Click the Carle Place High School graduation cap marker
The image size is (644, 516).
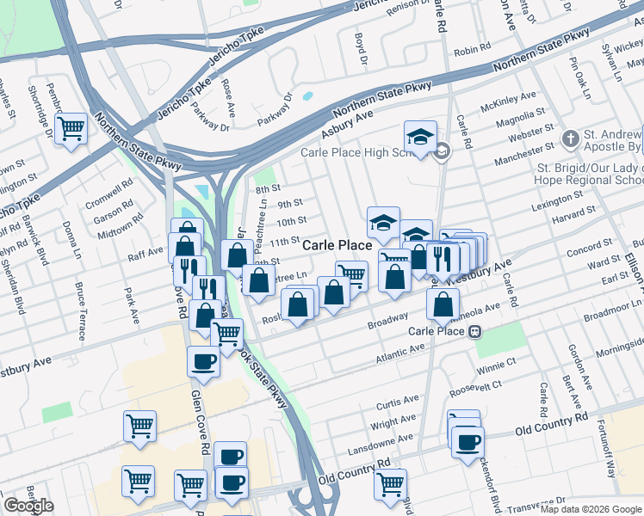(x=420, y=138)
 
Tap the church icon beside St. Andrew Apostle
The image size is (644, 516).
(x=570, y=138)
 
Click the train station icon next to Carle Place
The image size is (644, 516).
(x=474, y=332)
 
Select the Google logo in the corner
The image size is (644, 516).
(x=28, y=506)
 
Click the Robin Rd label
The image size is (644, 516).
(x=472, y=52)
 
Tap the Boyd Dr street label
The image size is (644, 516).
(x=361, y=49)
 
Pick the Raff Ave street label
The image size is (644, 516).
(x=146, y=252)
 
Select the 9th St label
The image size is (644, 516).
(x=290, y=204)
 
